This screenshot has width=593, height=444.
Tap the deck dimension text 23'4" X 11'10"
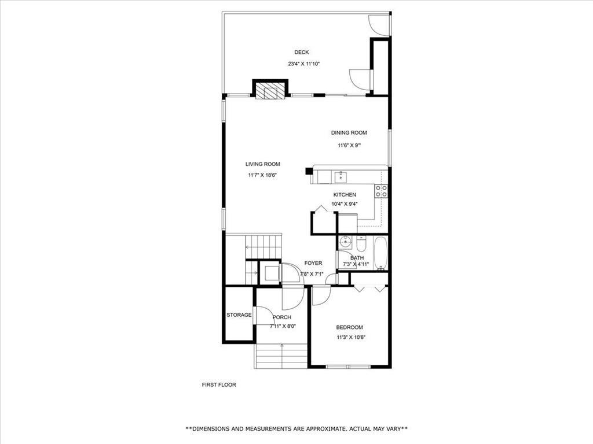coord(304,64)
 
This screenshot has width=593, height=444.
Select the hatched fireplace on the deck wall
coord(270,91)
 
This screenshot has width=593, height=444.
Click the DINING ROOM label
coord(349,133)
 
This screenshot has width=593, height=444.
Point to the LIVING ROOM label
coord(263,164)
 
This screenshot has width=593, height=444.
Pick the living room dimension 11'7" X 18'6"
coord(263,175)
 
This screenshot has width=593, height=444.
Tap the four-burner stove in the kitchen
coord(381,191)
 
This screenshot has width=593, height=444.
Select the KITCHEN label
coord(345,195)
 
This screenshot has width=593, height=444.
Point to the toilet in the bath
coord(361,243)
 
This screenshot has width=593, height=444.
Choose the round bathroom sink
coord(345,242)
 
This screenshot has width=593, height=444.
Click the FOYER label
coord(313,264)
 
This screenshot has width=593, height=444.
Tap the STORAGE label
coord(239,315)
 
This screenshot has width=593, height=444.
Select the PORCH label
coord(282,317)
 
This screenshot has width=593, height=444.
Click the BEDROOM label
coord(349,327)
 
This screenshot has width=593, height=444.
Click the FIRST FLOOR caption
coord(219,384)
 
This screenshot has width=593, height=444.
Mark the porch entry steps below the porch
coord(281,356)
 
